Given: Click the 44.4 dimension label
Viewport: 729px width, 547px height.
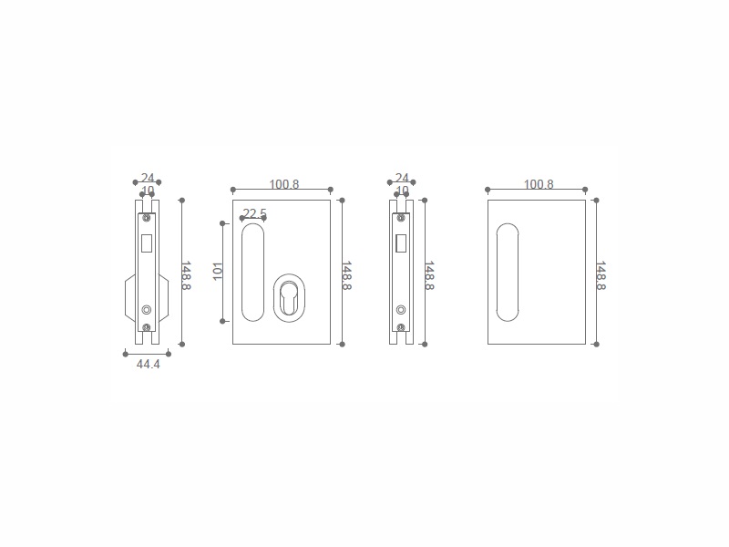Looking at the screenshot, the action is coord(148,364).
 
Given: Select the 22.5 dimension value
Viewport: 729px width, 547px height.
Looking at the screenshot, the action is coord(255,213).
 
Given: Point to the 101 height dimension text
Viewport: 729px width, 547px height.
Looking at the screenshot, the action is coord(218,272).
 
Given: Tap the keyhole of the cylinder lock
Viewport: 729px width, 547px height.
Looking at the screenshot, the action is coord(289,299).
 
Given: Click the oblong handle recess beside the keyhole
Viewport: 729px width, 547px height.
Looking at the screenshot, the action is coord(253,272).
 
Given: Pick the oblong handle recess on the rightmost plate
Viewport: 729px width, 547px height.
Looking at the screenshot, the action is coord(508,272).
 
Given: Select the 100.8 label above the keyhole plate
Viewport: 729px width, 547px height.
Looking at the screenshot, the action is coord(284,184).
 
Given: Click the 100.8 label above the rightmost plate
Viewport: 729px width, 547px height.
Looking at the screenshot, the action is coord(539,184).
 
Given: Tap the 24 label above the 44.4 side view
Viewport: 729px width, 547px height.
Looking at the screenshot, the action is coord(148,178).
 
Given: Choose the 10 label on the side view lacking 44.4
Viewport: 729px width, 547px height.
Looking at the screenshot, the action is coord(402,191).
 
